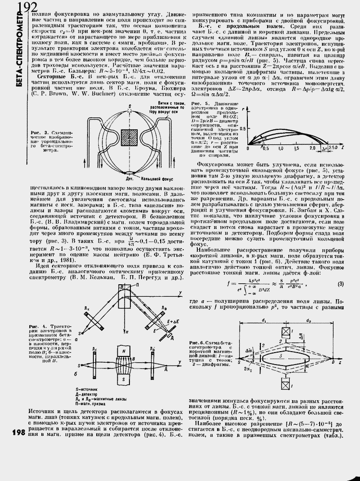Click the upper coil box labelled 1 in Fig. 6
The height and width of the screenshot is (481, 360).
286,331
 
